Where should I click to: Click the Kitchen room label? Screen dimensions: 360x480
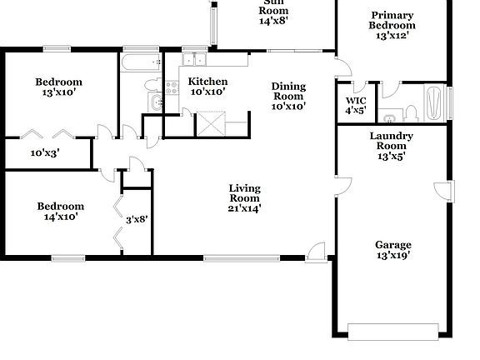[207, 86]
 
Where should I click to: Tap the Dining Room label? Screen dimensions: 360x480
[288, 96]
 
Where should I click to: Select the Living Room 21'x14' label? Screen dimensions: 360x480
[244, 199]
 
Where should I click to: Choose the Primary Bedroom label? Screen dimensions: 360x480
[392, 26]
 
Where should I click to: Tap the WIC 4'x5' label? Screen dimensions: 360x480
[355, 105]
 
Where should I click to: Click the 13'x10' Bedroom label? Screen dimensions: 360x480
[58, 87]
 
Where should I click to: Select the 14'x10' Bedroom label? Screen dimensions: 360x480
[59, 212]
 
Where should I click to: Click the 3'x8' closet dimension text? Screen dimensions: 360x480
[136, 220]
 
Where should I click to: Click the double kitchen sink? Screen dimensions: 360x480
[193, 60]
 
